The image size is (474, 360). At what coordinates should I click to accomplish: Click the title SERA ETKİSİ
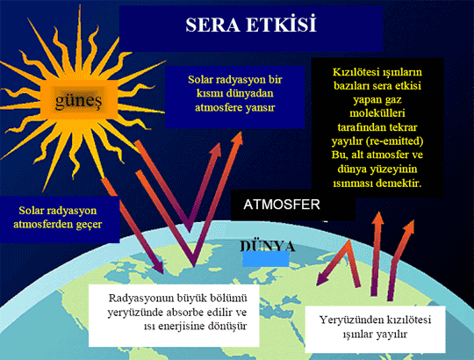pyautogui.click(x=251, y=25)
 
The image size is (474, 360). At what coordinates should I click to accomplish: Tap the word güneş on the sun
pyautogui.click(x=79, y=100)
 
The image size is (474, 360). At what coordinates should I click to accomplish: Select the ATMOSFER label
pyautogui.click(x=282, y=205)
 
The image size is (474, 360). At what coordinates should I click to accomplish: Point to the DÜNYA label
pyautogui.click(x=268, y=246)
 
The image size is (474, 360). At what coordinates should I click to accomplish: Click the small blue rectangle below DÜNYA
pyautogui.click(x=266, y=259)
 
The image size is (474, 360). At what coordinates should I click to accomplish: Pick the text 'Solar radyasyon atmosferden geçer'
pyautogui.click(x=57, y=218)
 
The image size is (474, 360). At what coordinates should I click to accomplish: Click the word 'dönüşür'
pyautogui.click(x=227, y=326)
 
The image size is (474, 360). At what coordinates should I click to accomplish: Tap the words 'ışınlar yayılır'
pyautogui.click(x=375, y=334)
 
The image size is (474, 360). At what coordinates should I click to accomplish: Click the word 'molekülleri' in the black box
pyautogui.click(x=377, y=113)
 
